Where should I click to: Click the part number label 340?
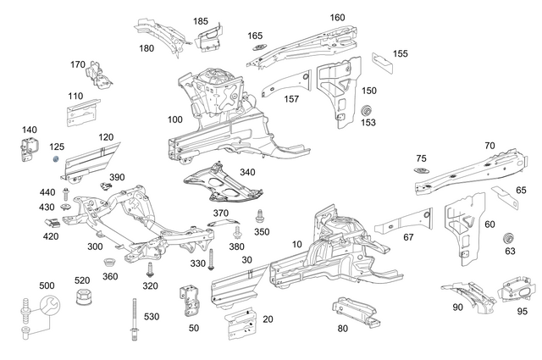(247, 172)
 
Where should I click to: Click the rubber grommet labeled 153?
(368, 110)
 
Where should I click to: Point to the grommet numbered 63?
(510, 236)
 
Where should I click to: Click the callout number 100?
(174, 119)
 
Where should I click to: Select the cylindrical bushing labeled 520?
(84, 299)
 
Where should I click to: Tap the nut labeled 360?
(110, 262)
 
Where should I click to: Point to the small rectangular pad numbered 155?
(381, 61)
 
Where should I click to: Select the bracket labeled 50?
(190, 302)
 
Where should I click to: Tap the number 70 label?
(489, 146)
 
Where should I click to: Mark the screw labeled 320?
(150, 270)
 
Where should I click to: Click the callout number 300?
(95, 246)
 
